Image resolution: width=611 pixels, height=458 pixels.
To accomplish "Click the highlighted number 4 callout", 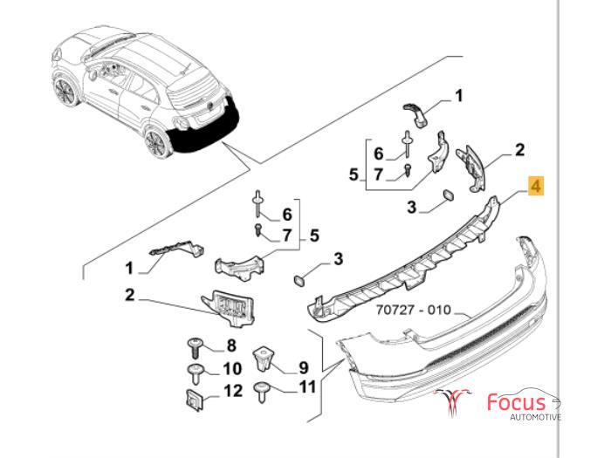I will [x=536, y=185].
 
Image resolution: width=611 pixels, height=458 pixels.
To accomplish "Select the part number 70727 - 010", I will [x=415, y=311].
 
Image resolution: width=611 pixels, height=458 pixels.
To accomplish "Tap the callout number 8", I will [x=232, y=345].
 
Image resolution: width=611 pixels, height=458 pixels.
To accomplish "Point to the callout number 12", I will [x=233, y=392].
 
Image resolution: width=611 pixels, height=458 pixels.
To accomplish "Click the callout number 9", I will [x=304, y=366].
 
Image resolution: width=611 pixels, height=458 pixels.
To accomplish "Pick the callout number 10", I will [x=233, y=368].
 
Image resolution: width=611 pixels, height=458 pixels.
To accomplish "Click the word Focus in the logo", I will [x=516, y=403].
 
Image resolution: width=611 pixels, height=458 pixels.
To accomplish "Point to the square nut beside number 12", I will [x=195, y=398].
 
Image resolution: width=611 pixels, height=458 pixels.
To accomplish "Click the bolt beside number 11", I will [x=263, y=389].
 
